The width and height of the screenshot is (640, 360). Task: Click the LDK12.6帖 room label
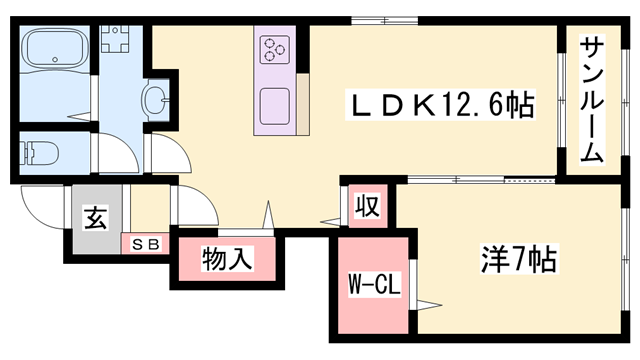(439, 103)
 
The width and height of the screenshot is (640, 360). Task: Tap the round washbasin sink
(158, 100)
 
